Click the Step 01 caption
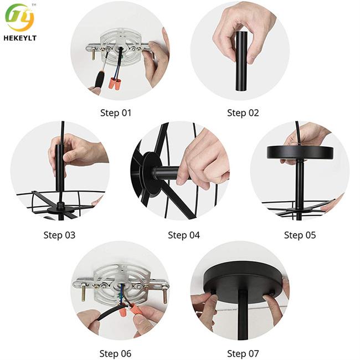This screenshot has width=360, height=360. point(116,113)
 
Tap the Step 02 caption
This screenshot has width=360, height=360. point(243,113)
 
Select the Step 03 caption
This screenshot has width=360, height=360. point(59,235)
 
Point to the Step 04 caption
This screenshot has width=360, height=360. point(184,235)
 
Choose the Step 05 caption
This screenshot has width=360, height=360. point(300,235)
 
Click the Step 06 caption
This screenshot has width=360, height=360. point(115,354)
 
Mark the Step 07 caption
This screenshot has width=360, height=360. point(243,354)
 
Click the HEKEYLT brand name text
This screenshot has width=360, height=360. point(20,38)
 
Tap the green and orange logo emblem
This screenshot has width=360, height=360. point(20,18)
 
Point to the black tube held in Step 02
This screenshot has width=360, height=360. point(241,61)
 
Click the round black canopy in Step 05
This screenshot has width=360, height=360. point(300,152)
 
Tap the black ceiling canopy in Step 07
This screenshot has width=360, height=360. point(243,282)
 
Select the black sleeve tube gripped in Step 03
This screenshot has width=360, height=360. point(60,167)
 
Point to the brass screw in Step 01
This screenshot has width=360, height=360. point(94,55)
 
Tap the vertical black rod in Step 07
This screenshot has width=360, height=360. point(243,315)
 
